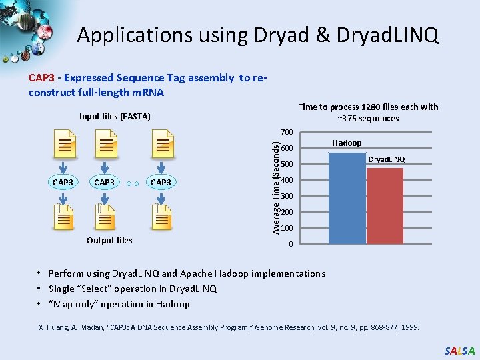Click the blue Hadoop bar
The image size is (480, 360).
point(347,198)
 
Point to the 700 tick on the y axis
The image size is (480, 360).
point(287,131)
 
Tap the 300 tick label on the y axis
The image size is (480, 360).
point(287,197)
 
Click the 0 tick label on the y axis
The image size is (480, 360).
point(290,245)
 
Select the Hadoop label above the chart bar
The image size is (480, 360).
point(347,143)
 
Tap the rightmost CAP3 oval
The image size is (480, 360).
point(161,182)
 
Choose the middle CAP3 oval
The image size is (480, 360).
point(105,182)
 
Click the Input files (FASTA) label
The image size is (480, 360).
point(115,117)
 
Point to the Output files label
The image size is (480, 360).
point(109,241)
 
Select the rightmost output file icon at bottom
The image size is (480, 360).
point(162,217)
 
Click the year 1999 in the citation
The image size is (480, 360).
point(409,327)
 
